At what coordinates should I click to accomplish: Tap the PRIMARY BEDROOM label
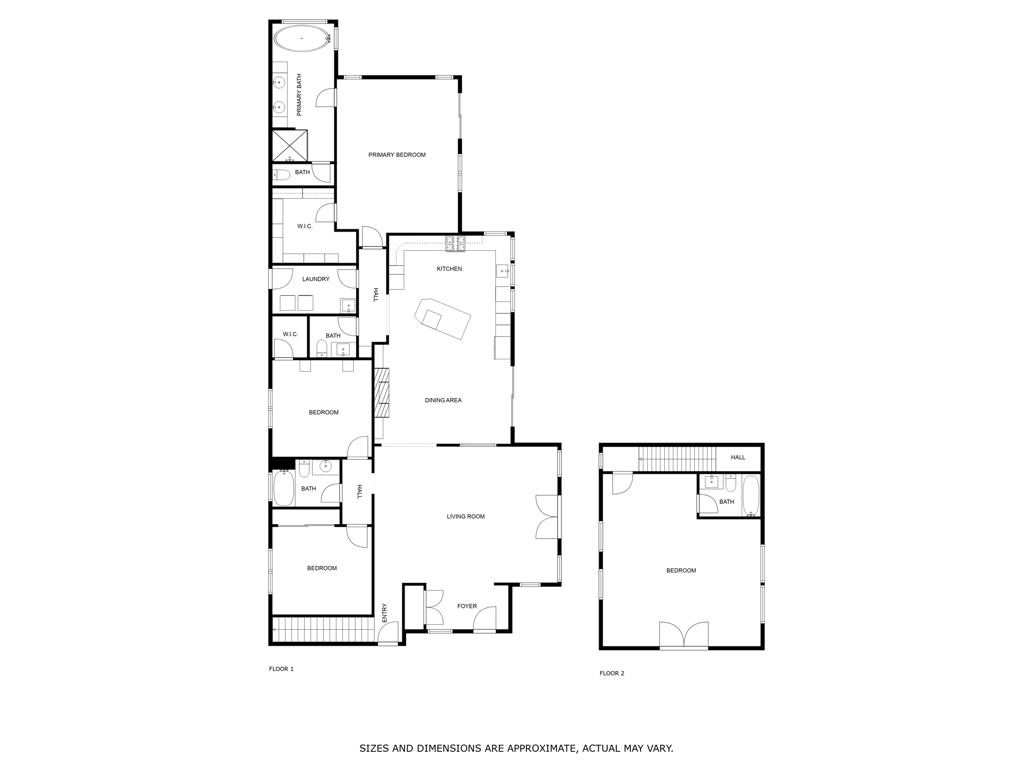[x=397, y=155]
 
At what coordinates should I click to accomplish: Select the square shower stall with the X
[x=290, y=145]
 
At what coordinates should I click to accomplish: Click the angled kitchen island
[x=442, y=318]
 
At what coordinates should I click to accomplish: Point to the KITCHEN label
[x=449, y=269]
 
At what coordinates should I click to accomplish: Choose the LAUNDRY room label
[x=316, y=279]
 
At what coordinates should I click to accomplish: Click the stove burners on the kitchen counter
[x=455, y=244]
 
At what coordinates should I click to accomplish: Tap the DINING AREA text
[x=443, y=400]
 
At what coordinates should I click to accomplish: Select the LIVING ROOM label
[x=466, y=516]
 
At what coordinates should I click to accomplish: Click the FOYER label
[x=467, y=606]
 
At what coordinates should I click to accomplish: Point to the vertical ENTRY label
[x=384, y=612]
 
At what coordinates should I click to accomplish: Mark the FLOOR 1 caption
[x=281, y=669]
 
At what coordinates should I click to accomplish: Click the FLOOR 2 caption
[x=612, y=673]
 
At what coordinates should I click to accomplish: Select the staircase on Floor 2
[x=677, y=459]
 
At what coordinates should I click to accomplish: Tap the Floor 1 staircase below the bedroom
[x=323, y=629]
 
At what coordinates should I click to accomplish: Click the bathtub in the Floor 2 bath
[x=751, y=495]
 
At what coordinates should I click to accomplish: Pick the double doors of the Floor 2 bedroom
[x=684, y=635]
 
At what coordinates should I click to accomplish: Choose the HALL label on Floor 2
[x=738, y=457]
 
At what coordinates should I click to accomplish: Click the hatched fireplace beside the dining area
[x=382, y=393]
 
